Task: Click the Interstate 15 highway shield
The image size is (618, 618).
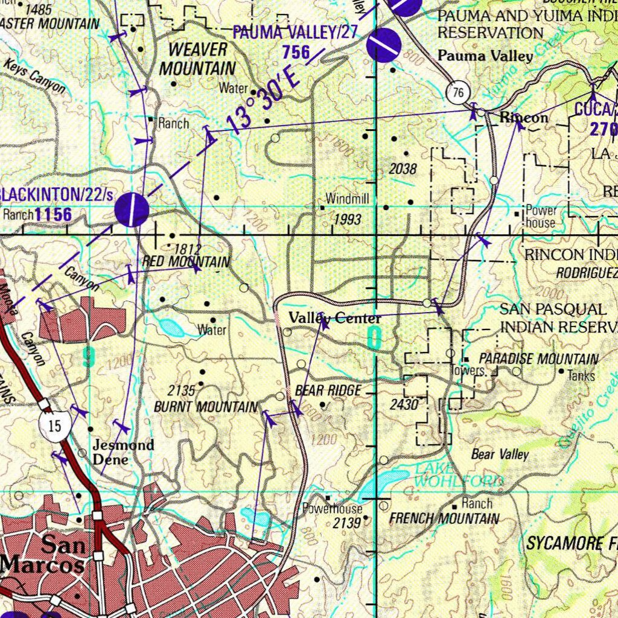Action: tap(54, 424)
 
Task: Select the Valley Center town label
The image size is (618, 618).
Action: tap(334, 318)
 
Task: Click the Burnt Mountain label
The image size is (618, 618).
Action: tap(206, 407)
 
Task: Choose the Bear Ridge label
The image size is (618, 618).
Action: tap(328, 390)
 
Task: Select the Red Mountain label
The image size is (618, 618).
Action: tap(186, 262)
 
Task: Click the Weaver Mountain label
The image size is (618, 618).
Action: tap(197, 59)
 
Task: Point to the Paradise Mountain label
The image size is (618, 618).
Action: tap(539, 359)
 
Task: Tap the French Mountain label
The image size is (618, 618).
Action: tap(444, 518)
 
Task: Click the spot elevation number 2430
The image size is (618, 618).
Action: tap(404, 404)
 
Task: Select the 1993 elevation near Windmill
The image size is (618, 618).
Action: tap(348, 219)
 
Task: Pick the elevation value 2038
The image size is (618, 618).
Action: tap(403, 170)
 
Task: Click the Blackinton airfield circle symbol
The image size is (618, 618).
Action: tap(132, 210)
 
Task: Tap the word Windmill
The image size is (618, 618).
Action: tap(347, 199)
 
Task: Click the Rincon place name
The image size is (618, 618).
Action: tap(524, 118)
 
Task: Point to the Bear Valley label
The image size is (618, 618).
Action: tap(500, 454)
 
